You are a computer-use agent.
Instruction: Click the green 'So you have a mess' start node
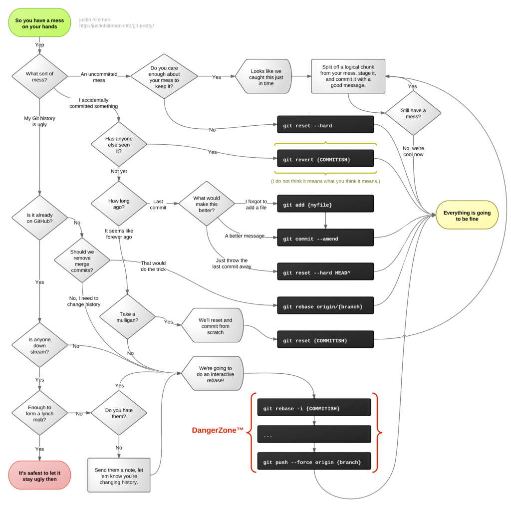pos(39,23)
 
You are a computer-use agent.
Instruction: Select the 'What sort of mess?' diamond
pos(39,76)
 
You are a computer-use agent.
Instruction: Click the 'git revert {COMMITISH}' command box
pos(325,159)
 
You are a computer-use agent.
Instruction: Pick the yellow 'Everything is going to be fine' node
pos(467,216)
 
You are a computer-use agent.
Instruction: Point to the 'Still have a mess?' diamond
pos(413,113)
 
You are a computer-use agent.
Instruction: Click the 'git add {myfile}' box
pos(325,204)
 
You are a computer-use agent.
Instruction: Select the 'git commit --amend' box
pos(325,238)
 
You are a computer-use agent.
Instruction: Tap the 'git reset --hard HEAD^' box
pos(325,272)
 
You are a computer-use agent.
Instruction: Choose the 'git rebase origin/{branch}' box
pos(325,305)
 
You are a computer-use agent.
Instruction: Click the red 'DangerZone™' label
pos(218,430)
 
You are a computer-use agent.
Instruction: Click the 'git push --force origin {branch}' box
pos(314,462)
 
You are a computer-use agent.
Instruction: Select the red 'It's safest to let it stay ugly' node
pos(39,475)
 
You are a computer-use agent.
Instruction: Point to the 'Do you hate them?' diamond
pos(119,413)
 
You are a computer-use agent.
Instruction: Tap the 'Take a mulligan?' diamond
pos(127,317)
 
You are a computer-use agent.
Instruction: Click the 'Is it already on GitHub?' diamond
pos(39,218)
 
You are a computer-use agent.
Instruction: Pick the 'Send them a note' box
pos(119,475)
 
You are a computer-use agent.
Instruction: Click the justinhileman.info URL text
pos(116,26)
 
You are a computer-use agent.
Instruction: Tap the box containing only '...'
pos(314,435)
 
